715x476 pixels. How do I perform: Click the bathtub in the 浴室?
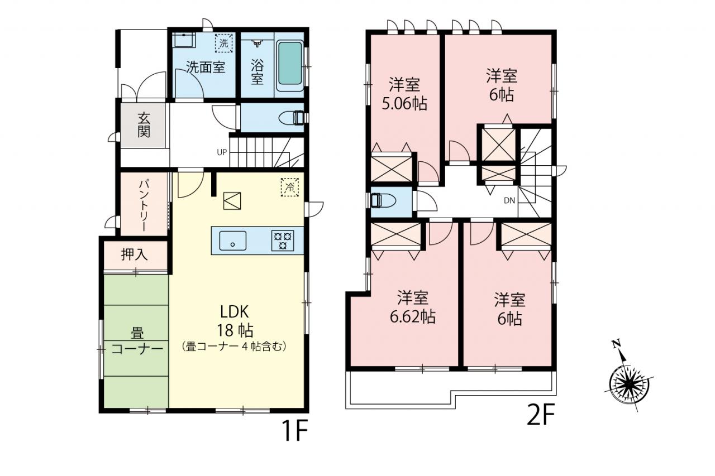(289, 66)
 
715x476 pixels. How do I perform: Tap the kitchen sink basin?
(233, 241)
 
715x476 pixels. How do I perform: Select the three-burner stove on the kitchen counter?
(283, 241)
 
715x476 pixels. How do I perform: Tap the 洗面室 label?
(206, 68)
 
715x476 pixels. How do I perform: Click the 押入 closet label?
(135, 254)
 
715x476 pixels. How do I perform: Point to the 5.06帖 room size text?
(404, 104)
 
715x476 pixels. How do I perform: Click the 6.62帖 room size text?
(413, 317)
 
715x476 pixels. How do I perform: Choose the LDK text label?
(235, 312)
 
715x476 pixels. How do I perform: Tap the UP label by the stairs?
(222, 152)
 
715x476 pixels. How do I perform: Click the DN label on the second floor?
(509, 200)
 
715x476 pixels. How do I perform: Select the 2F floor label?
(541, 415)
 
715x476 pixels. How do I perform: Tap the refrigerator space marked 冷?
(290, 187)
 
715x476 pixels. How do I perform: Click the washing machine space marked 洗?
(224, 43)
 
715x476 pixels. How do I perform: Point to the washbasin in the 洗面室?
(184, 40)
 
